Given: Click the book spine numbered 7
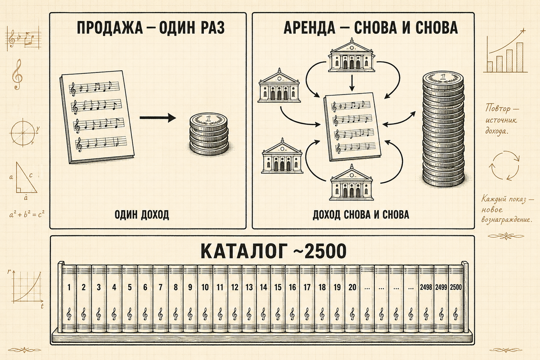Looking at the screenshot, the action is [161, 298].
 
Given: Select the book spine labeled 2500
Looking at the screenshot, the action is [456, 298].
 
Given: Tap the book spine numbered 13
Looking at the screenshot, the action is [249, 298].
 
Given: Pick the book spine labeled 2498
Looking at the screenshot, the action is [426, 298].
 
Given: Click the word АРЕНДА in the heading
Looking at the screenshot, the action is [309, 27].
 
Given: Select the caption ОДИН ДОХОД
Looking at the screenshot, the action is [142, 215].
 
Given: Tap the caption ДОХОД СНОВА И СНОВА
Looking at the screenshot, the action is [360, 215].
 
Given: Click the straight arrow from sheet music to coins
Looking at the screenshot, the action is [158, 118].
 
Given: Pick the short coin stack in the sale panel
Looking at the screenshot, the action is [209, 134].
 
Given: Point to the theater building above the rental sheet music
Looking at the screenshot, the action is [352, 55].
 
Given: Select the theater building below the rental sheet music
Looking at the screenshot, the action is [351, 183].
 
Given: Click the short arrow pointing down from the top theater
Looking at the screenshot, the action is [352, 83].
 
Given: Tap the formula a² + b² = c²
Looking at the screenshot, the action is [27, 214].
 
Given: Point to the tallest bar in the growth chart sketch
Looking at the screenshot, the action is [520, 58].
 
